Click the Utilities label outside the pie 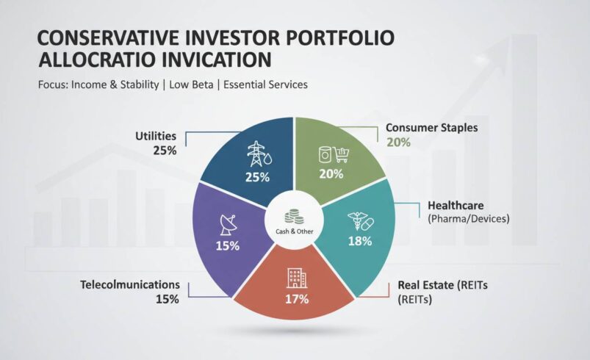coord(156,136)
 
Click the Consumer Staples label coord(432,128)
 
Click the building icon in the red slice coord(294,278)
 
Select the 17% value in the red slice coord(295,299)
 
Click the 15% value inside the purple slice coord(227,245)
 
